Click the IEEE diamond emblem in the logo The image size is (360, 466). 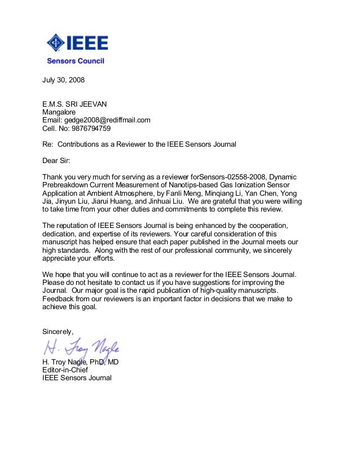(56, 42)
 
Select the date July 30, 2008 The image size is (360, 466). (64, 80)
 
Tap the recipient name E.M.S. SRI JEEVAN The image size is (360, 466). (74, 104)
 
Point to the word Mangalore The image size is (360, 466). (59, 112)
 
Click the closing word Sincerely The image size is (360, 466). (58, 331)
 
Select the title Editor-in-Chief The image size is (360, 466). (65, 370)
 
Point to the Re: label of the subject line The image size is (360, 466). (48, 144)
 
